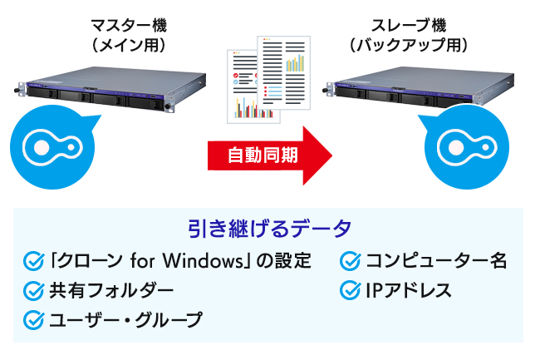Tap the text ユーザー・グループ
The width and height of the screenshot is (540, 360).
(x=125, y=319)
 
